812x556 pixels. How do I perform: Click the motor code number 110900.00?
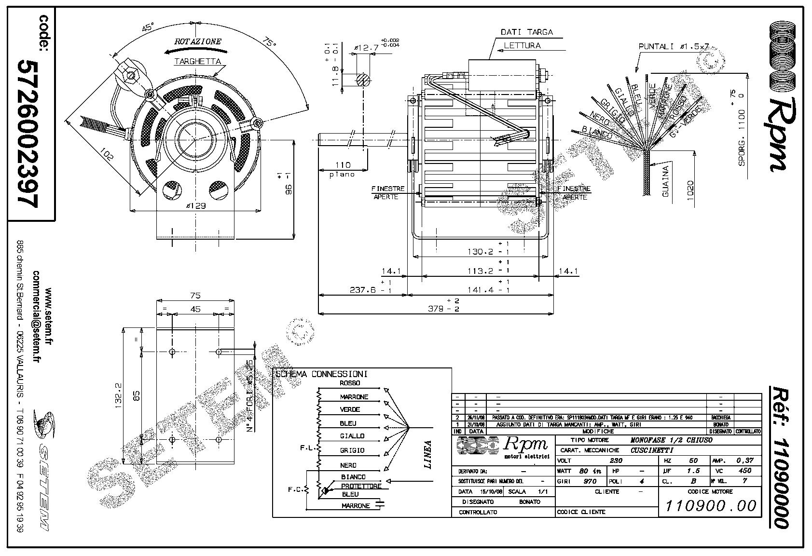(x=711, y=506)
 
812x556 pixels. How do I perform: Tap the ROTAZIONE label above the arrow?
(x=198, y=41)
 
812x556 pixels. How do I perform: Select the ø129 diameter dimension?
(x=195, y=205)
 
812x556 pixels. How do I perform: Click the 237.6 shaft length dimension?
(x=365, y=290)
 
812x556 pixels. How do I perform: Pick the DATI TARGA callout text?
(x=526, y=32)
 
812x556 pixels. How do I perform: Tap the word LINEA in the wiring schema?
(x=427, y=454)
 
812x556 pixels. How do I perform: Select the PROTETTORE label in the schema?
(x=361, y=486)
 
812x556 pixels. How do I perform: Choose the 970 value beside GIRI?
(x=590, y=481)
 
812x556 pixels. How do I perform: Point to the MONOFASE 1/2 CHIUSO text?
(x=671, y=440)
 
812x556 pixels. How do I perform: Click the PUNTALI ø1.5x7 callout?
(x=674, y=47)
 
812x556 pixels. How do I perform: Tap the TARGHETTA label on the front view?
(x=197, y=61)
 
